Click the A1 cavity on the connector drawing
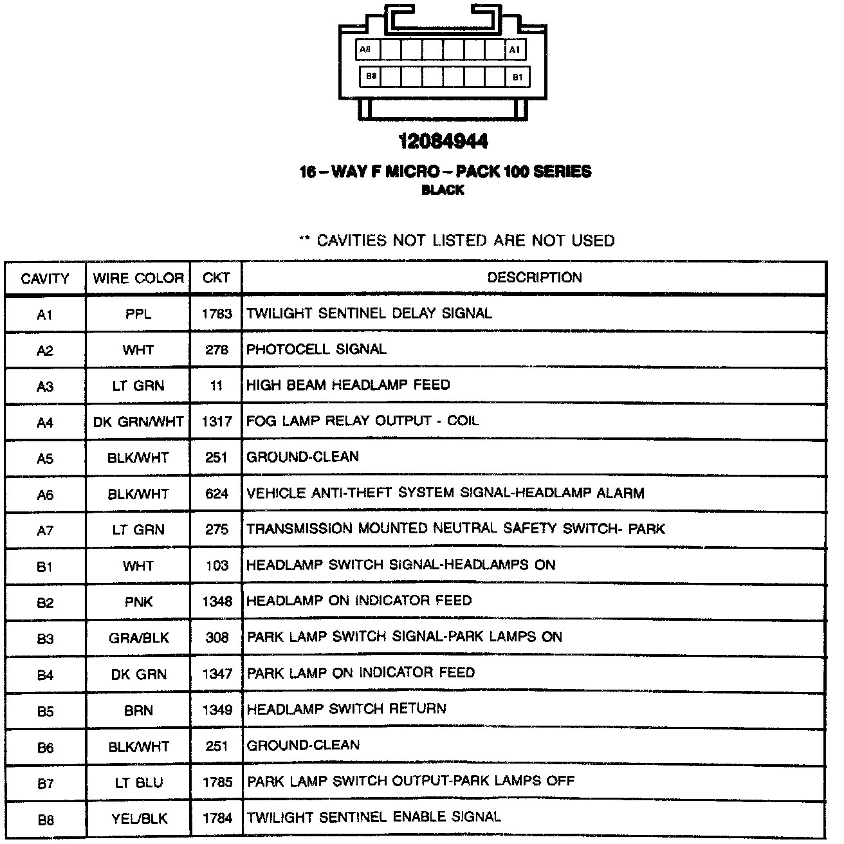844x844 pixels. point(515,50)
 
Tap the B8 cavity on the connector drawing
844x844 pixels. point(371,77)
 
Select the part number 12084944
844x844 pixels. point(443,141)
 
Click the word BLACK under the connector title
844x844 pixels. point(443,190)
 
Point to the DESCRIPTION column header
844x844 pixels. point(534,278)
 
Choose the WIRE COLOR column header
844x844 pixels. point(138,279)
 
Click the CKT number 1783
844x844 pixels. point(216,314)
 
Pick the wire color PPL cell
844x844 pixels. point(138,315)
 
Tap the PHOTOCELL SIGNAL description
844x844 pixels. point(316,349)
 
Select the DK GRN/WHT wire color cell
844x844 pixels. point(138,422)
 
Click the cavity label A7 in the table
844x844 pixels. point(45,531)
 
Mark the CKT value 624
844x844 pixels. point(217,494)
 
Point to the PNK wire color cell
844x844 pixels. point(138,602)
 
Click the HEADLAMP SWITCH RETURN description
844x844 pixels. point(346,709)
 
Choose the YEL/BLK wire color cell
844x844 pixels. point(138,818)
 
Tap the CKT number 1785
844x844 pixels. point(217,782)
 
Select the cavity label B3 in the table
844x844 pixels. point(45,639)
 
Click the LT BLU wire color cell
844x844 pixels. point(138,782)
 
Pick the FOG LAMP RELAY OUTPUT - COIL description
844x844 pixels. point(363,421)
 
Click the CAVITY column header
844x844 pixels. point(45,279)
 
